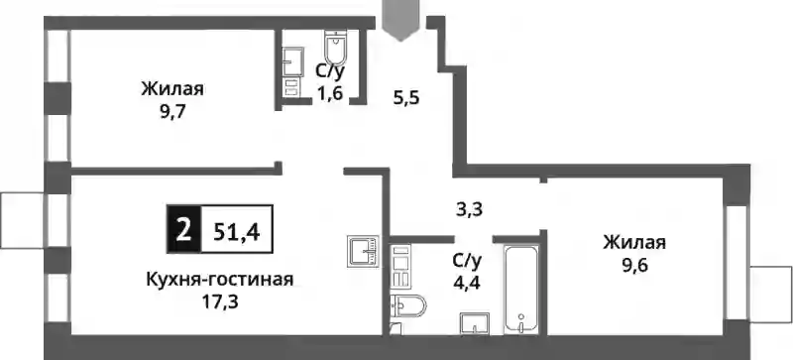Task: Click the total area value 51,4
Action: pyautogui.click(x=237, y=231)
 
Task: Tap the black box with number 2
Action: pyautogui.click(x=184, y=229)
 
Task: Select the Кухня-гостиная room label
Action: pyautogui.click(x=219, y=279)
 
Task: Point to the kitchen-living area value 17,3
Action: pyautogui.click(x=219, y=301)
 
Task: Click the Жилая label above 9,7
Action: pyautogui.click(x=172, y=89)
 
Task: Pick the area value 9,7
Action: pyautogui.click(x=172, y=111)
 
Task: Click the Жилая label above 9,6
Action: pyautogui.click(x=634, y=243)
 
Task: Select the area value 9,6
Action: pyautogui.click(x=634, y=266)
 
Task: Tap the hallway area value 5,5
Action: pyautogui.click(x=406, y=97)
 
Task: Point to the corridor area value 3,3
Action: pyautogui.click(x=469, y=209)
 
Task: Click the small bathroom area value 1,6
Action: pyautogui.click(x=330, y=93)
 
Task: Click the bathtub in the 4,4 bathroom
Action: pyautogui.click(x=521, y=290)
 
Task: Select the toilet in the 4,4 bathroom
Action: pyautogui.click(x=408, y=305)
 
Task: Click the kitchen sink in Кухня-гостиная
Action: pyautogui.click(x=363, y=252)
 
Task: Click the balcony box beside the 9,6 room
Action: pyautogui.click(x=772, y=295)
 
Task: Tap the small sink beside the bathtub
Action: pyautogui.click(x=475, y=323)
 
